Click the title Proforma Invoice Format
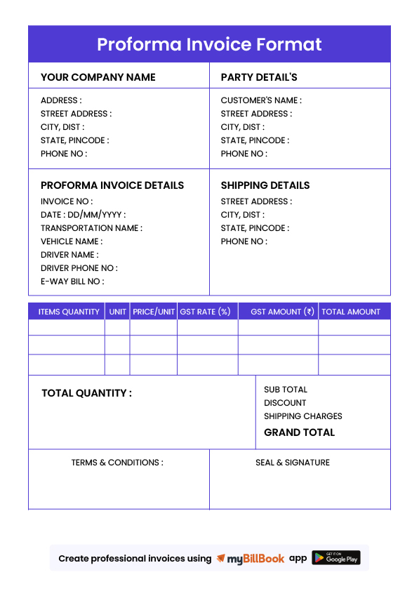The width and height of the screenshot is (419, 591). coord(209,44)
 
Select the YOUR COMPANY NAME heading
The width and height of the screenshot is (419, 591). coord(98,77)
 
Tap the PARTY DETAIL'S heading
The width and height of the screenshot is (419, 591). coord(259,77)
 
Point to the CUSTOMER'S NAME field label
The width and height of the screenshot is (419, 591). coord(261,100)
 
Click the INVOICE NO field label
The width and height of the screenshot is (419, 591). coord(67,201)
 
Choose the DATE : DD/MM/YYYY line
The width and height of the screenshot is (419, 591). coord(83,215)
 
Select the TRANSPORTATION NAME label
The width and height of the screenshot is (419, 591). coord(91,228)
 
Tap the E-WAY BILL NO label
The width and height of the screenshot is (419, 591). coord(72,281)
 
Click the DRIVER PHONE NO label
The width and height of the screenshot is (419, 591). coord(79,268)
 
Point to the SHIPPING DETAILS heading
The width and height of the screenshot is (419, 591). coord(265,185)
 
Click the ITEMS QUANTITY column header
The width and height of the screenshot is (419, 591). coord(69,312)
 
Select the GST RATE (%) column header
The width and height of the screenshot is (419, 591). coord(205,312)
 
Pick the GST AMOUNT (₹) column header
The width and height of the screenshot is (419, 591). coord(282,312)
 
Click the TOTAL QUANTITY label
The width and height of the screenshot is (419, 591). coord(86,393)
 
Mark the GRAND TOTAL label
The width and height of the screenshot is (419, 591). coord(299,432)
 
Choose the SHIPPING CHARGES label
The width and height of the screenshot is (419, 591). coord(303,416)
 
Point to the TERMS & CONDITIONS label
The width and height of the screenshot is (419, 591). coord(117,463)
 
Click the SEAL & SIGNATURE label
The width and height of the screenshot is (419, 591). coord(293,463)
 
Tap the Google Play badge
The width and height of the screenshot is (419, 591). coord(336,558)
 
